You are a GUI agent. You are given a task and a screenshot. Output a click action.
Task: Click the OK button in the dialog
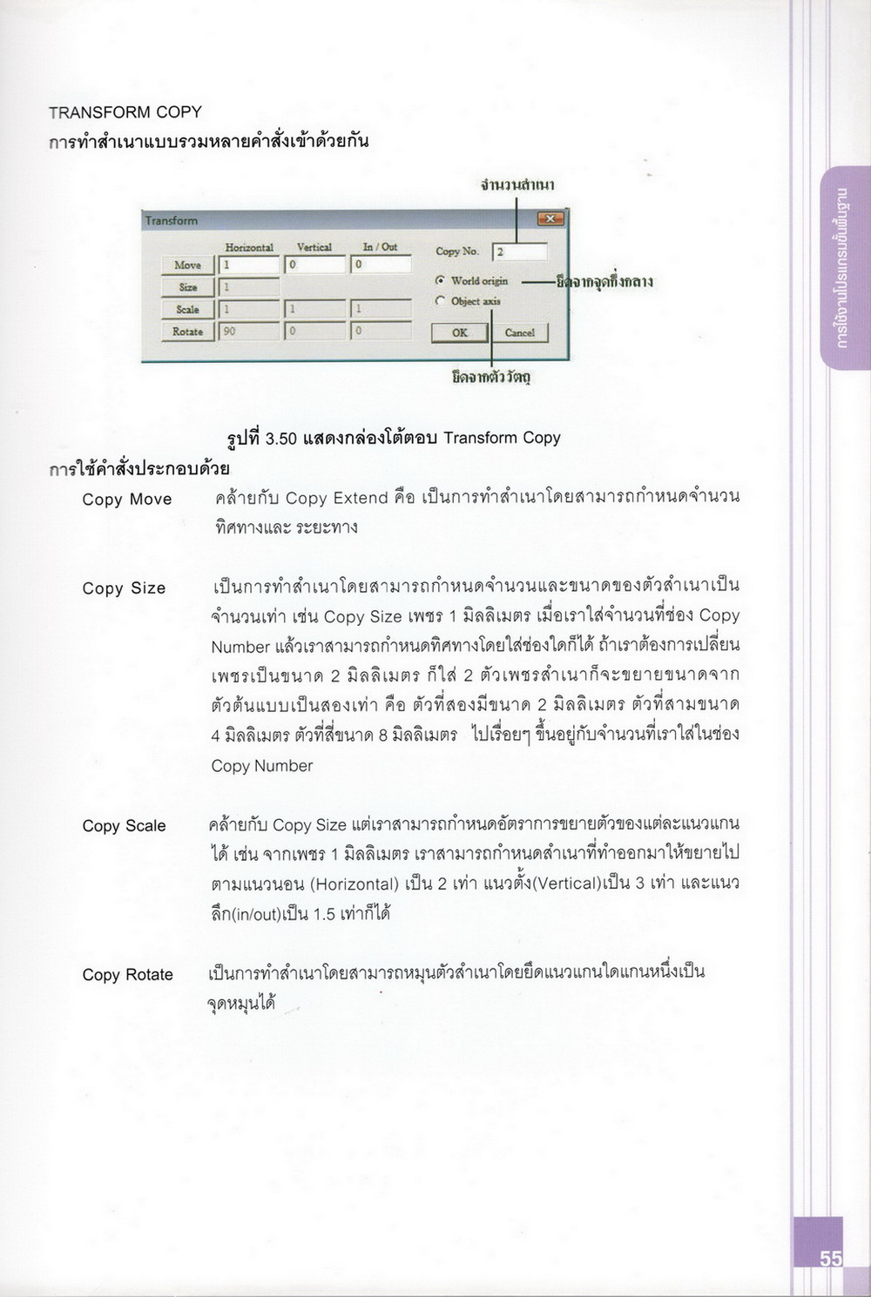(459, 333)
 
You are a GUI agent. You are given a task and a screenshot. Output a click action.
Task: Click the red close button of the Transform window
(550, 219)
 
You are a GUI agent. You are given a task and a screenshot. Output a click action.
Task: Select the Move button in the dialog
(187, 265)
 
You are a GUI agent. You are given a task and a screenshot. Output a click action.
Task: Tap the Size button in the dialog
(187, 287)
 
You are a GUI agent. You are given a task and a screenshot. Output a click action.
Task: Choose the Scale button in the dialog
(187, 309)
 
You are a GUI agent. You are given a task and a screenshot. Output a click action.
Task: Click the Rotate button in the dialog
(187, 332)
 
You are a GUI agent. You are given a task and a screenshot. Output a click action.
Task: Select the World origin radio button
(441, 280)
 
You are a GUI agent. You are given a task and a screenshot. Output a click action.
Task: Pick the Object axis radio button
(441, 301)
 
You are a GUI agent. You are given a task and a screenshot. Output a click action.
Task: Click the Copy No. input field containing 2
(520, 252)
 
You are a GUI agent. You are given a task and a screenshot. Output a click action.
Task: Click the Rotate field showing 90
(249, 332)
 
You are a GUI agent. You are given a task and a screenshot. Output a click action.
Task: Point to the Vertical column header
(314, 247)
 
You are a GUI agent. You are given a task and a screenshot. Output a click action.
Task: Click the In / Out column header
(380, 247)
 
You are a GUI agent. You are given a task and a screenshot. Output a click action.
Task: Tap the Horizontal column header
(249, 247)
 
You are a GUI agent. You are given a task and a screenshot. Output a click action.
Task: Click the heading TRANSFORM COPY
(125, 112)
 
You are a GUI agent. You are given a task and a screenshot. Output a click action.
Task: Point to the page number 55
(830, 1259)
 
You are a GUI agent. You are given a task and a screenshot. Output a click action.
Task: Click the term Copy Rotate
(127, 975)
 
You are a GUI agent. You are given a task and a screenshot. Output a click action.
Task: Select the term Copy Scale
(124, 826)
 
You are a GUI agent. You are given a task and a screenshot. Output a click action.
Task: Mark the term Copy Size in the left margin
(124, 588)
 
